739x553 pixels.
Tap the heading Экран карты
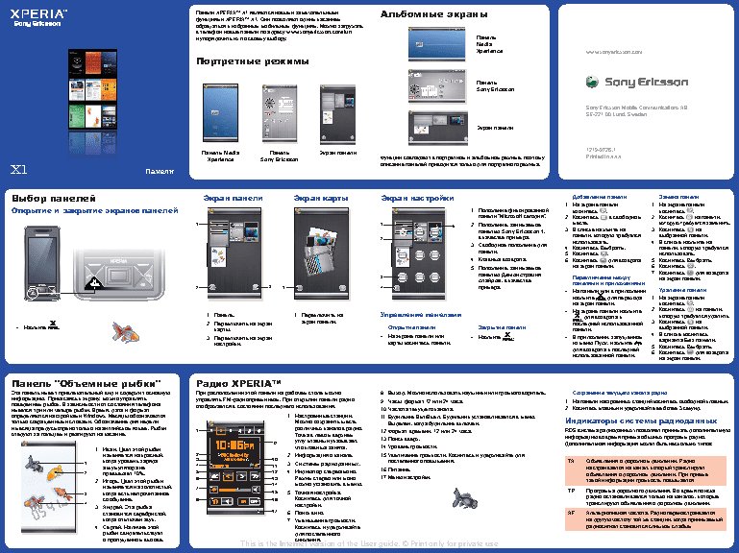pyautogui.click(x=320, y=198)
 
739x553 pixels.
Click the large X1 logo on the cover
pyautogui.click(x=18, y=170)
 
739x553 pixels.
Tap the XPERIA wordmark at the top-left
pyautogui.click(x=39, y=14)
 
